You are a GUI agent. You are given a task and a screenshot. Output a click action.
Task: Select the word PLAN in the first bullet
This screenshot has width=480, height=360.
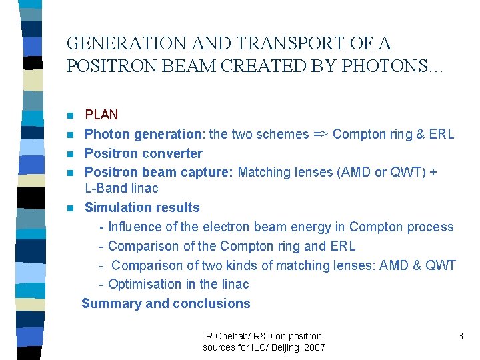[x=101, y=115]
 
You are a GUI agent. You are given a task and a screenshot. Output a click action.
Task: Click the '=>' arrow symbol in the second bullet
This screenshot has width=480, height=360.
[x=321, y=134]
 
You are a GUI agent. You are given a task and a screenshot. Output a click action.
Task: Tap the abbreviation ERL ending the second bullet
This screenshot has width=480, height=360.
[x=441, y=134]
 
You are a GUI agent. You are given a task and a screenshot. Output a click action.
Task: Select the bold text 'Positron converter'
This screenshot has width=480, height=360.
[x=143, y=153]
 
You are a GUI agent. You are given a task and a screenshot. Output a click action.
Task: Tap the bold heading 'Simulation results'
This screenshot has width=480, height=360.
[x=142, y=207]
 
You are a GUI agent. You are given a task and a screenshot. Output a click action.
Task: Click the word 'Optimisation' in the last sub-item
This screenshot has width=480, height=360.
[x=143, y=284]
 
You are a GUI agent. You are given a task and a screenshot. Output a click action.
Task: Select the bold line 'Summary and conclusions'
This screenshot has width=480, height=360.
[x=165, y=303]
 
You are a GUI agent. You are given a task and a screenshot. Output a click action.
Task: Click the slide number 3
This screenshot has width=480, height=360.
[x=460, y=337]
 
